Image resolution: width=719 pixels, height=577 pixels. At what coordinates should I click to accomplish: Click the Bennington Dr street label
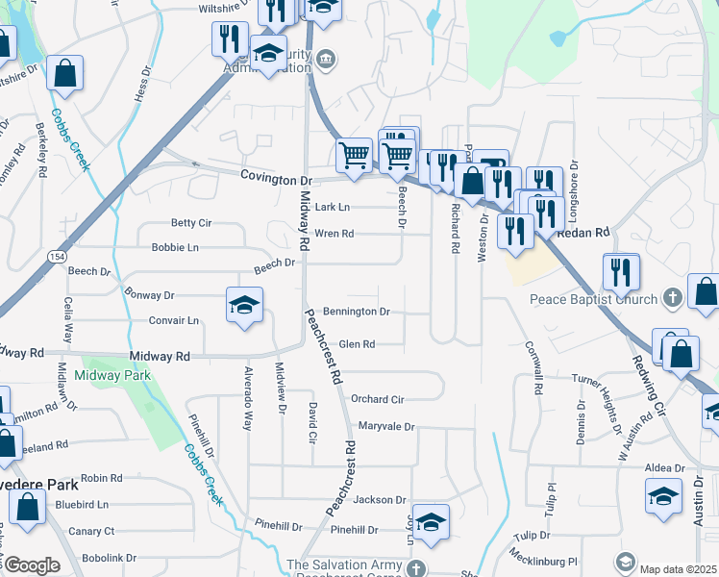point(356,312)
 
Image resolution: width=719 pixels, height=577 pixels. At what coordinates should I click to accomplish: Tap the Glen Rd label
point(357,343)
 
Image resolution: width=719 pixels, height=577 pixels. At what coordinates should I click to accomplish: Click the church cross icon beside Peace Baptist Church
point(673,298)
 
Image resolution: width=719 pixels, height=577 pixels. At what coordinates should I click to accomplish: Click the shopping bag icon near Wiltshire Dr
point(64,74)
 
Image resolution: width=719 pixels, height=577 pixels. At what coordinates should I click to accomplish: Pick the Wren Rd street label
point(335,234)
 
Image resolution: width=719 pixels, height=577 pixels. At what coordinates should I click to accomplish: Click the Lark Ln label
point(333,207)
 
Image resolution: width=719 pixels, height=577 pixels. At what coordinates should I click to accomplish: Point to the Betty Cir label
point(191,223)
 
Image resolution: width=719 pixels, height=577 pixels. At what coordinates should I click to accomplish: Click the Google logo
point(31,565)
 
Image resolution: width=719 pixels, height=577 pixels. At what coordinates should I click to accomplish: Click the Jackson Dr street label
point(380,499)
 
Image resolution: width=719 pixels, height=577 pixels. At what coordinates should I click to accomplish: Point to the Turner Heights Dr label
point(614,378)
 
